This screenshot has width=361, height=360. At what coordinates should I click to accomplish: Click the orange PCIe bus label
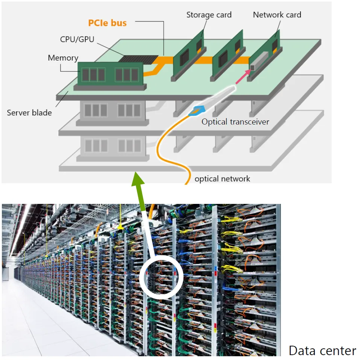coord(107,23)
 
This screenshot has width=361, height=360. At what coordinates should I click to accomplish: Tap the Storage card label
coord(209,15)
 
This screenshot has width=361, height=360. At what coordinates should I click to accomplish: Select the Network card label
coord(277,15)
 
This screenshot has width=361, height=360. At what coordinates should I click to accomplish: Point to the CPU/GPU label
coord(77,39)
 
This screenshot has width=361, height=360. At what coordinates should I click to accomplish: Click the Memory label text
coord(63,58)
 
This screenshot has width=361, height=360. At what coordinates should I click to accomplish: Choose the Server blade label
coord(29,112)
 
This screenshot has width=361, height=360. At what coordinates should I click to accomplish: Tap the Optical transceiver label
coord(235,122)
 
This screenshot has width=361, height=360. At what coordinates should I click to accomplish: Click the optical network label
coord(222,179)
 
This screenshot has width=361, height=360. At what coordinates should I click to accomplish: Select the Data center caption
coord(322,351)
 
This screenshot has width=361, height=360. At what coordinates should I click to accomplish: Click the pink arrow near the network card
coord(243,76)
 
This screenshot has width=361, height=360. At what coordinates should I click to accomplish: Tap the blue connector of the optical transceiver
coord(197,111)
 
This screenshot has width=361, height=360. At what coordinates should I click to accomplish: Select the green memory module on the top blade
coord(110,74)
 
